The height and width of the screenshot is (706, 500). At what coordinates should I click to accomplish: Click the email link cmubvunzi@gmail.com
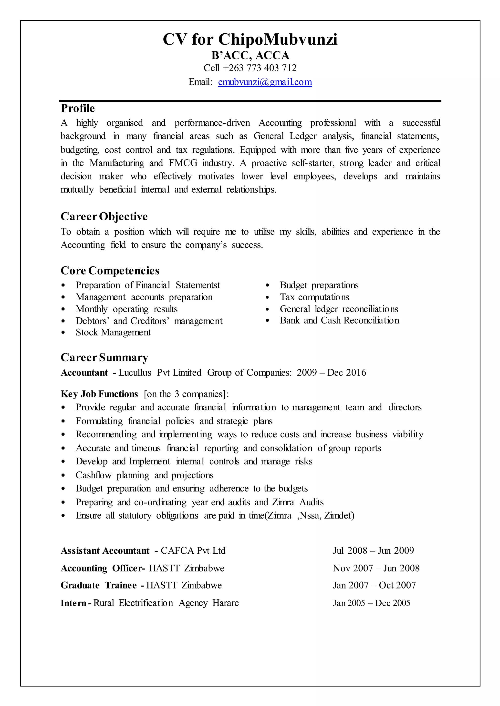[x=265, y=82]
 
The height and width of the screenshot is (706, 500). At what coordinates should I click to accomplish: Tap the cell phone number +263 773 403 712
[x=260, y=68]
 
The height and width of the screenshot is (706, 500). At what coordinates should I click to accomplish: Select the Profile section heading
[x=78, y=108]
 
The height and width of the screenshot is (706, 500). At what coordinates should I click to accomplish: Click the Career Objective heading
[x=104, y=216]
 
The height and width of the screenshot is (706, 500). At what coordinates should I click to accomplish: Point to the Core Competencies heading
[x=110, y=271]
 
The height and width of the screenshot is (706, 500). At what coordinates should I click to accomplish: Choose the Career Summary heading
[x=104, y=357]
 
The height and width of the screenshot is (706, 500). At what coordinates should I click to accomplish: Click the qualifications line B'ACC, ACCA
[x=250, y=55]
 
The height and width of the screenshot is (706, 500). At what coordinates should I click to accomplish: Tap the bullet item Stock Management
[x=113, y=332]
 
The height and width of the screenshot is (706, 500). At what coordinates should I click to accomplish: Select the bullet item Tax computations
[x=314, y=297]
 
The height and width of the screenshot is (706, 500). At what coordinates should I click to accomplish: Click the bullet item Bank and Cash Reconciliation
[x=339, y=320]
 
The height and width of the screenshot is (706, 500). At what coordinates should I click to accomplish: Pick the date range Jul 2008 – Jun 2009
[x=373, y=550]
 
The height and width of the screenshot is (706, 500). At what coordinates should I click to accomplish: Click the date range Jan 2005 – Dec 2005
[x=371, y=603]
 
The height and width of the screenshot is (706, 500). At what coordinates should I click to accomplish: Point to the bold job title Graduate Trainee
[x=99, y=585]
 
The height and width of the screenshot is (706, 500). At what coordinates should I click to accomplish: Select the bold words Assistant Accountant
[x=105, y=550]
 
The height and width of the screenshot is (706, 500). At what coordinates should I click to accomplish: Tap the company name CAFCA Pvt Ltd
[x=193, y=550]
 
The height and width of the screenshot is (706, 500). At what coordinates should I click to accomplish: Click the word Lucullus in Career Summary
[x=135, y=373]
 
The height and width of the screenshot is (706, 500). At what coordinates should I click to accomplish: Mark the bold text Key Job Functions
[x=99, y=394]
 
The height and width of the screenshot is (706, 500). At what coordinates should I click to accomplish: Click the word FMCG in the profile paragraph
[x=183, y=163]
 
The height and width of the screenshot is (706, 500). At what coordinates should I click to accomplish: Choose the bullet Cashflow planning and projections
[x=144, y=475]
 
